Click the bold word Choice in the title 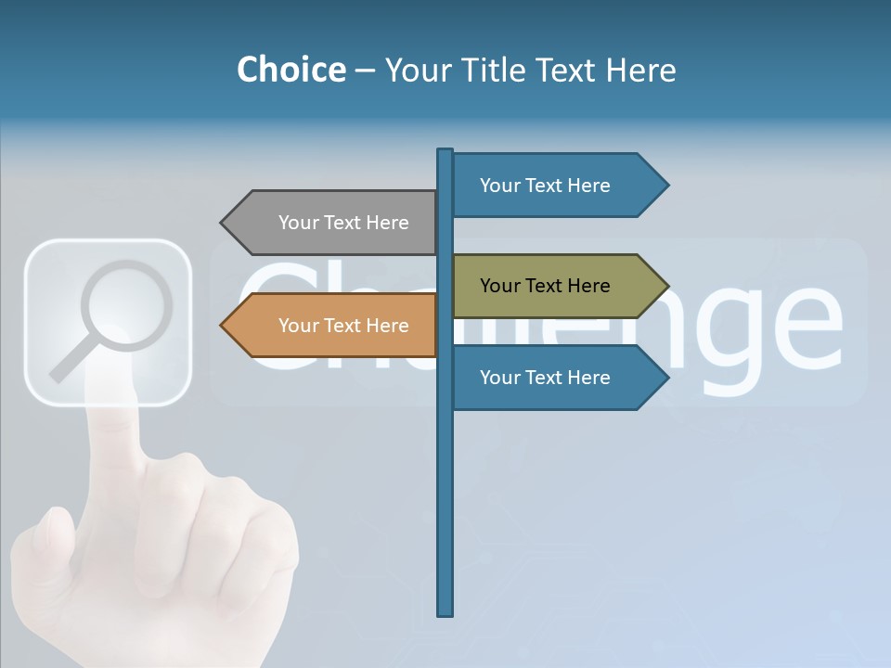(x=291, y=70)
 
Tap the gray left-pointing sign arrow (x=334, y=223)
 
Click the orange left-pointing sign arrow (x=334, y=326)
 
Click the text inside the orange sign (x=343, y=326)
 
